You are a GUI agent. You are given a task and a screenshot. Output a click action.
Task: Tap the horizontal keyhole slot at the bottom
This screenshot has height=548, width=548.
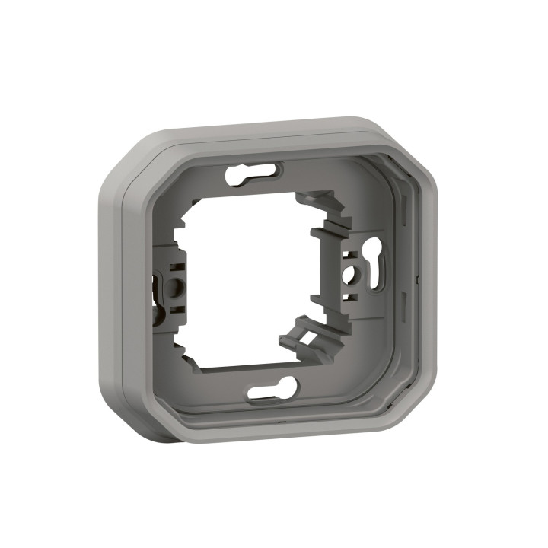tap(272, 390)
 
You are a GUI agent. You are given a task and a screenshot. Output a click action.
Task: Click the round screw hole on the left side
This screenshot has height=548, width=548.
tap(174, 287)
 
